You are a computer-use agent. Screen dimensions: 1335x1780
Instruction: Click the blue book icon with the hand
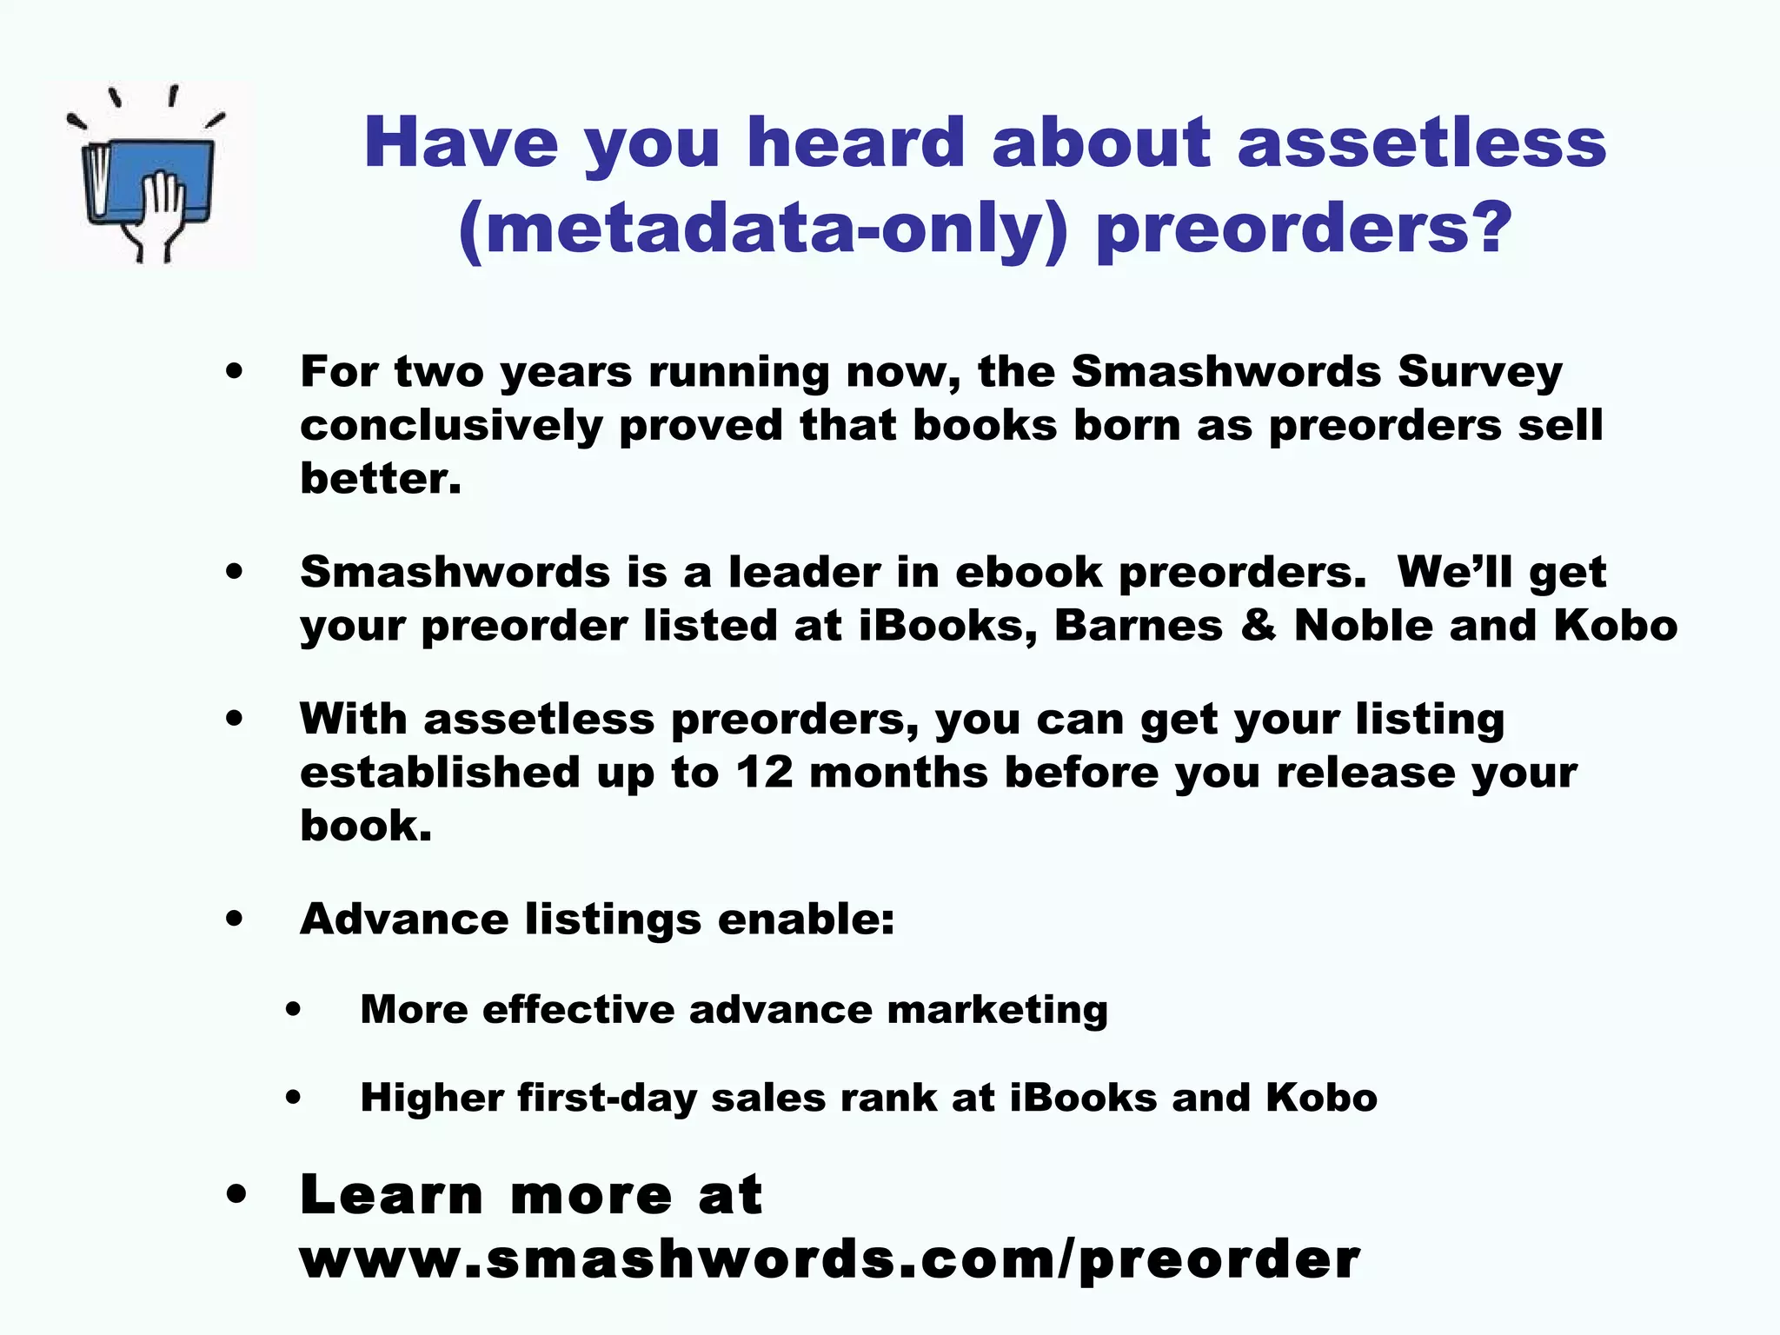pyautogui.click(x=149, y=177)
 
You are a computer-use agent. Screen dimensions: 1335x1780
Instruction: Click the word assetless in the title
pyautogui.click(x=1421, y=143)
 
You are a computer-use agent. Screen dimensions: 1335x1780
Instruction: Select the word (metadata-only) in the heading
pyautogui.click(x=762, y=228)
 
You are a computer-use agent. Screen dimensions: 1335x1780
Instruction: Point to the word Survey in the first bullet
pyautogui.click(x=1479, y=372)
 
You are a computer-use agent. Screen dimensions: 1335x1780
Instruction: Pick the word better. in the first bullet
pyautogui.click(x=380, y=479)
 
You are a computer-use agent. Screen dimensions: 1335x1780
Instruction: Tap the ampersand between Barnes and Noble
pyautogui.click(x=1259, y=625)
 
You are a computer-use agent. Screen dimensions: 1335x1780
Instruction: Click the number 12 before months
pyautogui.click(x=765, y=773)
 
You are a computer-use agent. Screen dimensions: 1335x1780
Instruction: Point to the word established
pyautogui.click(x=440, y=773)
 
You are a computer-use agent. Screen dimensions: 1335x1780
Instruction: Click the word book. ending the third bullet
pyautogui.click(x=365, y=826)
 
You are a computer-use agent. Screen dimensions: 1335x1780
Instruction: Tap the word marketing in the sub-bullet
pyautogui.click(x=997, y=1010)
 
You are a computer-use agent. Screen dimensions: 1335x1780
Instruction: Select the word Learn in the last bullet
pyautogui.click(x=392, y=1195)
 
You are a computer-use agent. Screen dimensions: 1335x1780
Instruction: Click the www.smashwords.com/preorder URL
pyautogui.click(x=829, y=1259)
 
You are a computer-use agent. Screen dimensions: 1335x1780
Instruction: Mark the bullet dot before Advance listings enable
pyautogui.click(x=234, y=920)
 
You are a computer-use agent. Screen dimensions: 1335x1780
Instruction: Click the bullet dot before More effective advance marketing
pyautogui.click(x=293, y=1010)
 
